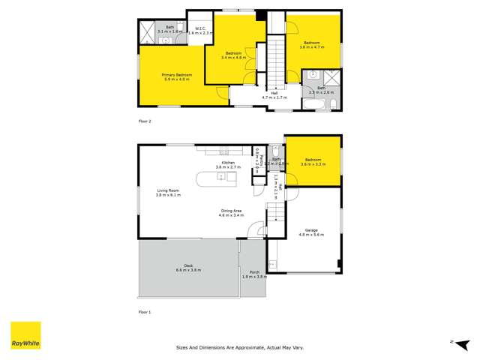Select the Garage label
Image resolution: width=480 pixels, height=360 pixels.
click(311, 230)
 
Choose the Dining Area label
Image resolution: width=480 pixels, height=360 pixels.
click(230, 211)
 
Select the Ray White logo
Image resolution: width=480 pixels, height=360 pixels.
click(25, 335)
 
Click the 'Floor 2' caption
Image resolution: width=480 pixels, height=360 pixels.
click(145, 121)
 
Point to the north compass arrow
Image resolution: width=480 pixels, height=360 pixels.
click(453, 343)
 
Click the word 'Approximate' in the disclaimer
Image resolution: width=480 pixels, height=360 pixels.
click(247, 348)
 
